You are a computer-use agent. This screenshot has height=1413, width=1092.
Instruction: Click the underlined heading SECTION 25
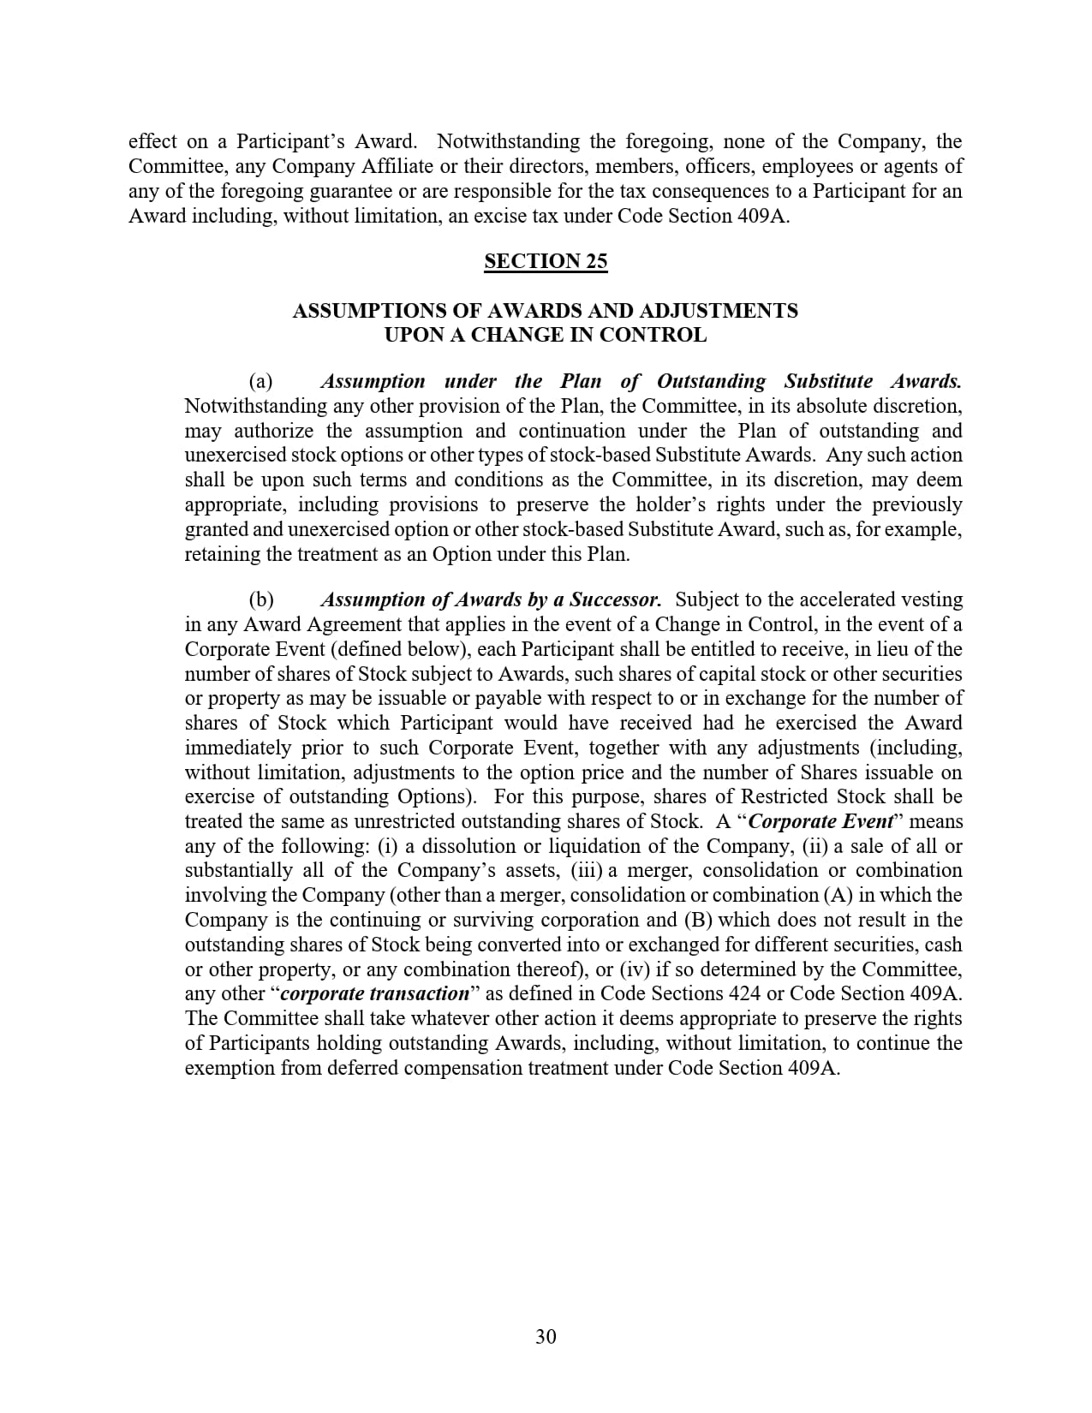546,261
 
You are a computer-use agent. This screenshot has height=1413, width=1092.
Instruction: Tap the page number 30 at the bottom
546,1337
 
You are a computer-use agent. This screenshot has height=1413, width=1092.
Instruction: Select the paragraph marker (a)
260,381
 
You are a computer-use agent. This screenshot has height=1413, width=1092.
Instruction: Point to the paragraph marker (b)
261,599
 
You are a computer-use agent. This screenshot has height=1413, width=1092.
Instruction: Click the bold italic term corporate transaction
375,994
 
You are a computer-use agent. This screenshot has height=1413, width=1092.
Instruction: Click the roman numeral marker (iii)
587,871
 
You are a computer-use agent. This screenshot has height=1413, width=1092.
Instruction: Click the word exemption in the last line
231,1068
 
